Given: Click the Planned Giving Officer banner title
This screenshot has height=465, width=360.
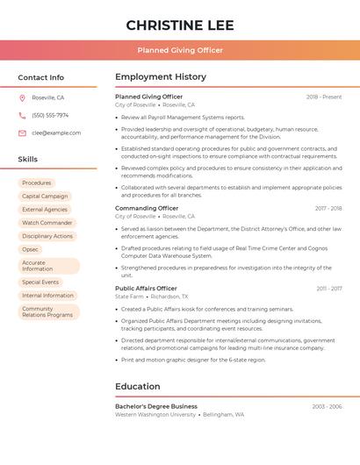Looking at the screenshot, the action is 179,50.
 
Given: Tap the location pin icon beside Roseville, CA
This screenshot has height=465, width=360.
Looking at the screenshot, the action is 22,97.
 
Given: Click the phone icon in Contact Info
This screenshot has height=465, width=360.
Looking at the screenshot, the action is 22,115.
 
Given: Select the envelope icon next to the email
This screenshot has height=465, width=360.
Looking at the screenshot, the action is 22,132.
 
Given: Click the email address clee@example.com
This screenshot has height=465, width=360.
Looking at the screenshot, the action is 56,132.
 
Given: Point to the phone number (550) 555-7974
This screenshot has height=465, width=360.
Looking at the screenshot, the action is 50,115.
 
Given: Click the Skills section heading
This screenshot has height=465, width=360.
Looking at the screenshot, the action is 28,159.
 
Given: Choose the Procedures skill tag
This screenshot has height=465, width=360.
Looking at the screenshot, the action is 37,182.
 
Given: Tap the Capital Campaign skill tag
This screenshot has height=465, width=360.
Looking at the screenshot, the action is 45,196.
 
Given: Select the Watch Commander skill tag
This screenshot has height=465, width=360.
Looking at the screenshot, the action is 47,223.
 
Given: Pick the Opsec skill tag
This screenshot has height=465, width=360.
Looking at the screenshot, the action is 31,249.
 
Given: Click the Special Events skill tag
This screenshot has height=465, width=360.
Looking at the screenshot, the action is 40,282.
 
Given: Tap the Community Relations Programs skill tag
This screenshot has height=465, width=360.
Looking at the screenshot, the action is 48,311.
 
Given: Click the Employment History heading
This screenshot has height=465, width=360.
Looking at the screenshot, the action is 161,76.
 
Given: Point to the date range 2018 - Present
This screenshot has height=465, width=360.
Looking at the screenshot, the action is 324,97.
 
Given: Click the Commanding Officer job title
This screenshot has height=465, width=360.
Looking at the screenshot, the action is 147,208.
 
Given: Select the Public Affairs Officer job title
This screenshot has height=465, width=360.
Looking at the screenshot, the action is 146,288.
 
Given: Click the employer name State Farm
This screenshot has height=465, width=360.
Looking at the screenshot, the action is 129,297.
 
